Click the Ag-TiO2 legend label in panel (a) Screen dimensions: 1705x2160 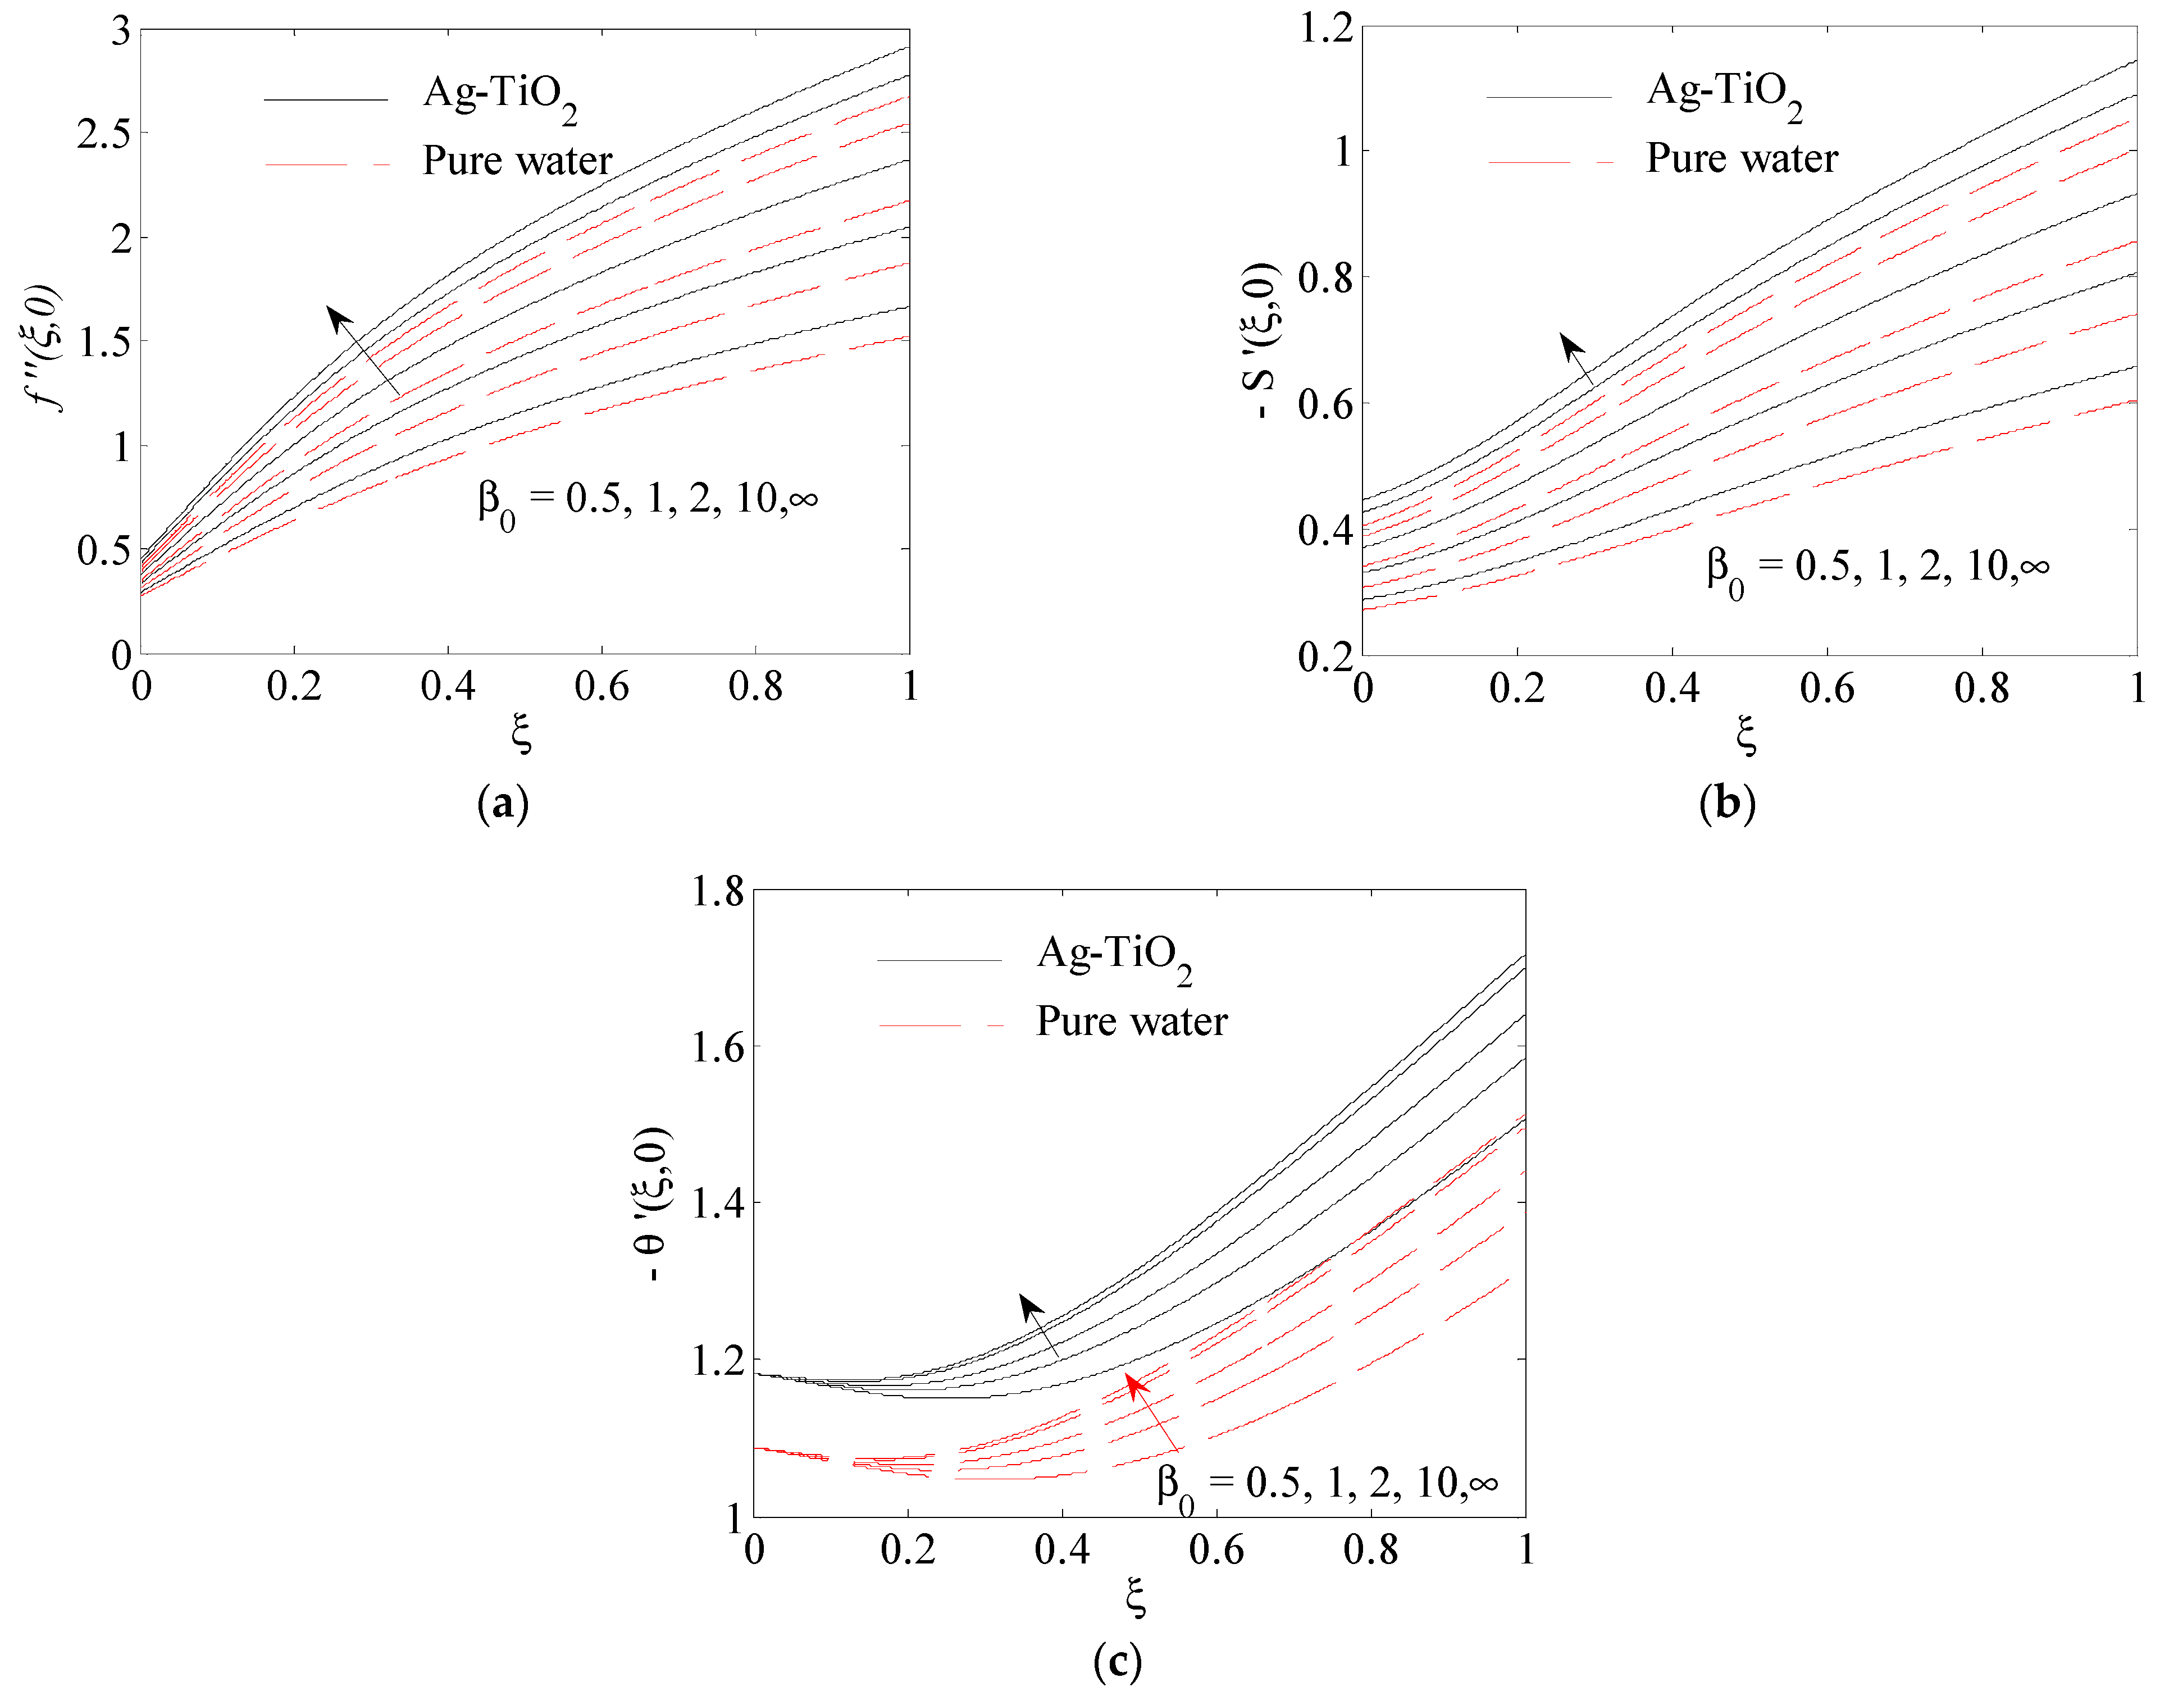point(499,97)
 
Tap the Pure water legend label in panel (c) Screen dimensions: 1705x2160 point(1131,1021)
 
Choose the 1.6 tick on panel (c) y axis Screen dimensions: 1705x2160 point(718,1047)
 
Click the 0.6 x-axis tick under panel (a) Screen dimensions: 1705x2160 point(602,687)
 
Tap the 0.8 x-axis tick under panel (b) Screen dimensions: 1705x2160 point(1981,689)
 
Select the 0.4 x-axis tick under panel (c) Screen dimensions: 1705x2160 point(1062,1549)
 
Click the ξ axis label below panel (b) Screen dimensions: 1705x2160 point(1746,736)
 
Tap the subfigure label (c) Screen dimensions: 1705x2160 point(1117,1662)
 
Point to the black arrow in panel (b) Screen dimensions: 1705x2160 point(1576,359)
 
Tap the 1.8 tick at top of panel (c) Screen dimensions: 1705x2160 point(718,891)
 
